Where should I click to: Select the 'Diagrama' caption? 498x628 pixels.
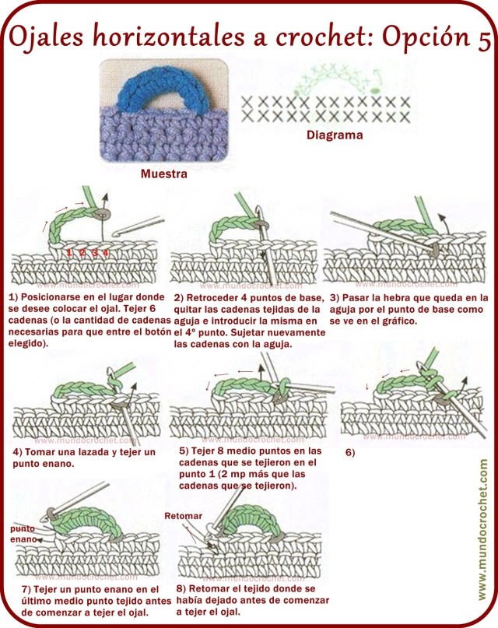point(334,135)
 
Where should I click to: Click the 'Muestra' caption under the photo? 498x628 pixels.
point(163,174)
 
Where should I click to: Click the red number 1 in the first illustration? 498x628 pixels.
point(70,253)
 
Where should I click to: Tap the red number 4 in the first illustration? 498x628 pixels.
point(105,253)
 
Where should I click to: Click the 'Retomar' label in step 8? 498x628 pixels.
point(183,516)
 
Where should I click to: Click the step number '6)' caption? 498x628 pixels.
point(349,453)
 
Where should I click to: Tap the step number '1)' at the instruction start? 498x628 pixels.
point(13,298)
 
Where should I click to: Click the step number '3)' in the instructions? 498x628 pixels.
point(334,297)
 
